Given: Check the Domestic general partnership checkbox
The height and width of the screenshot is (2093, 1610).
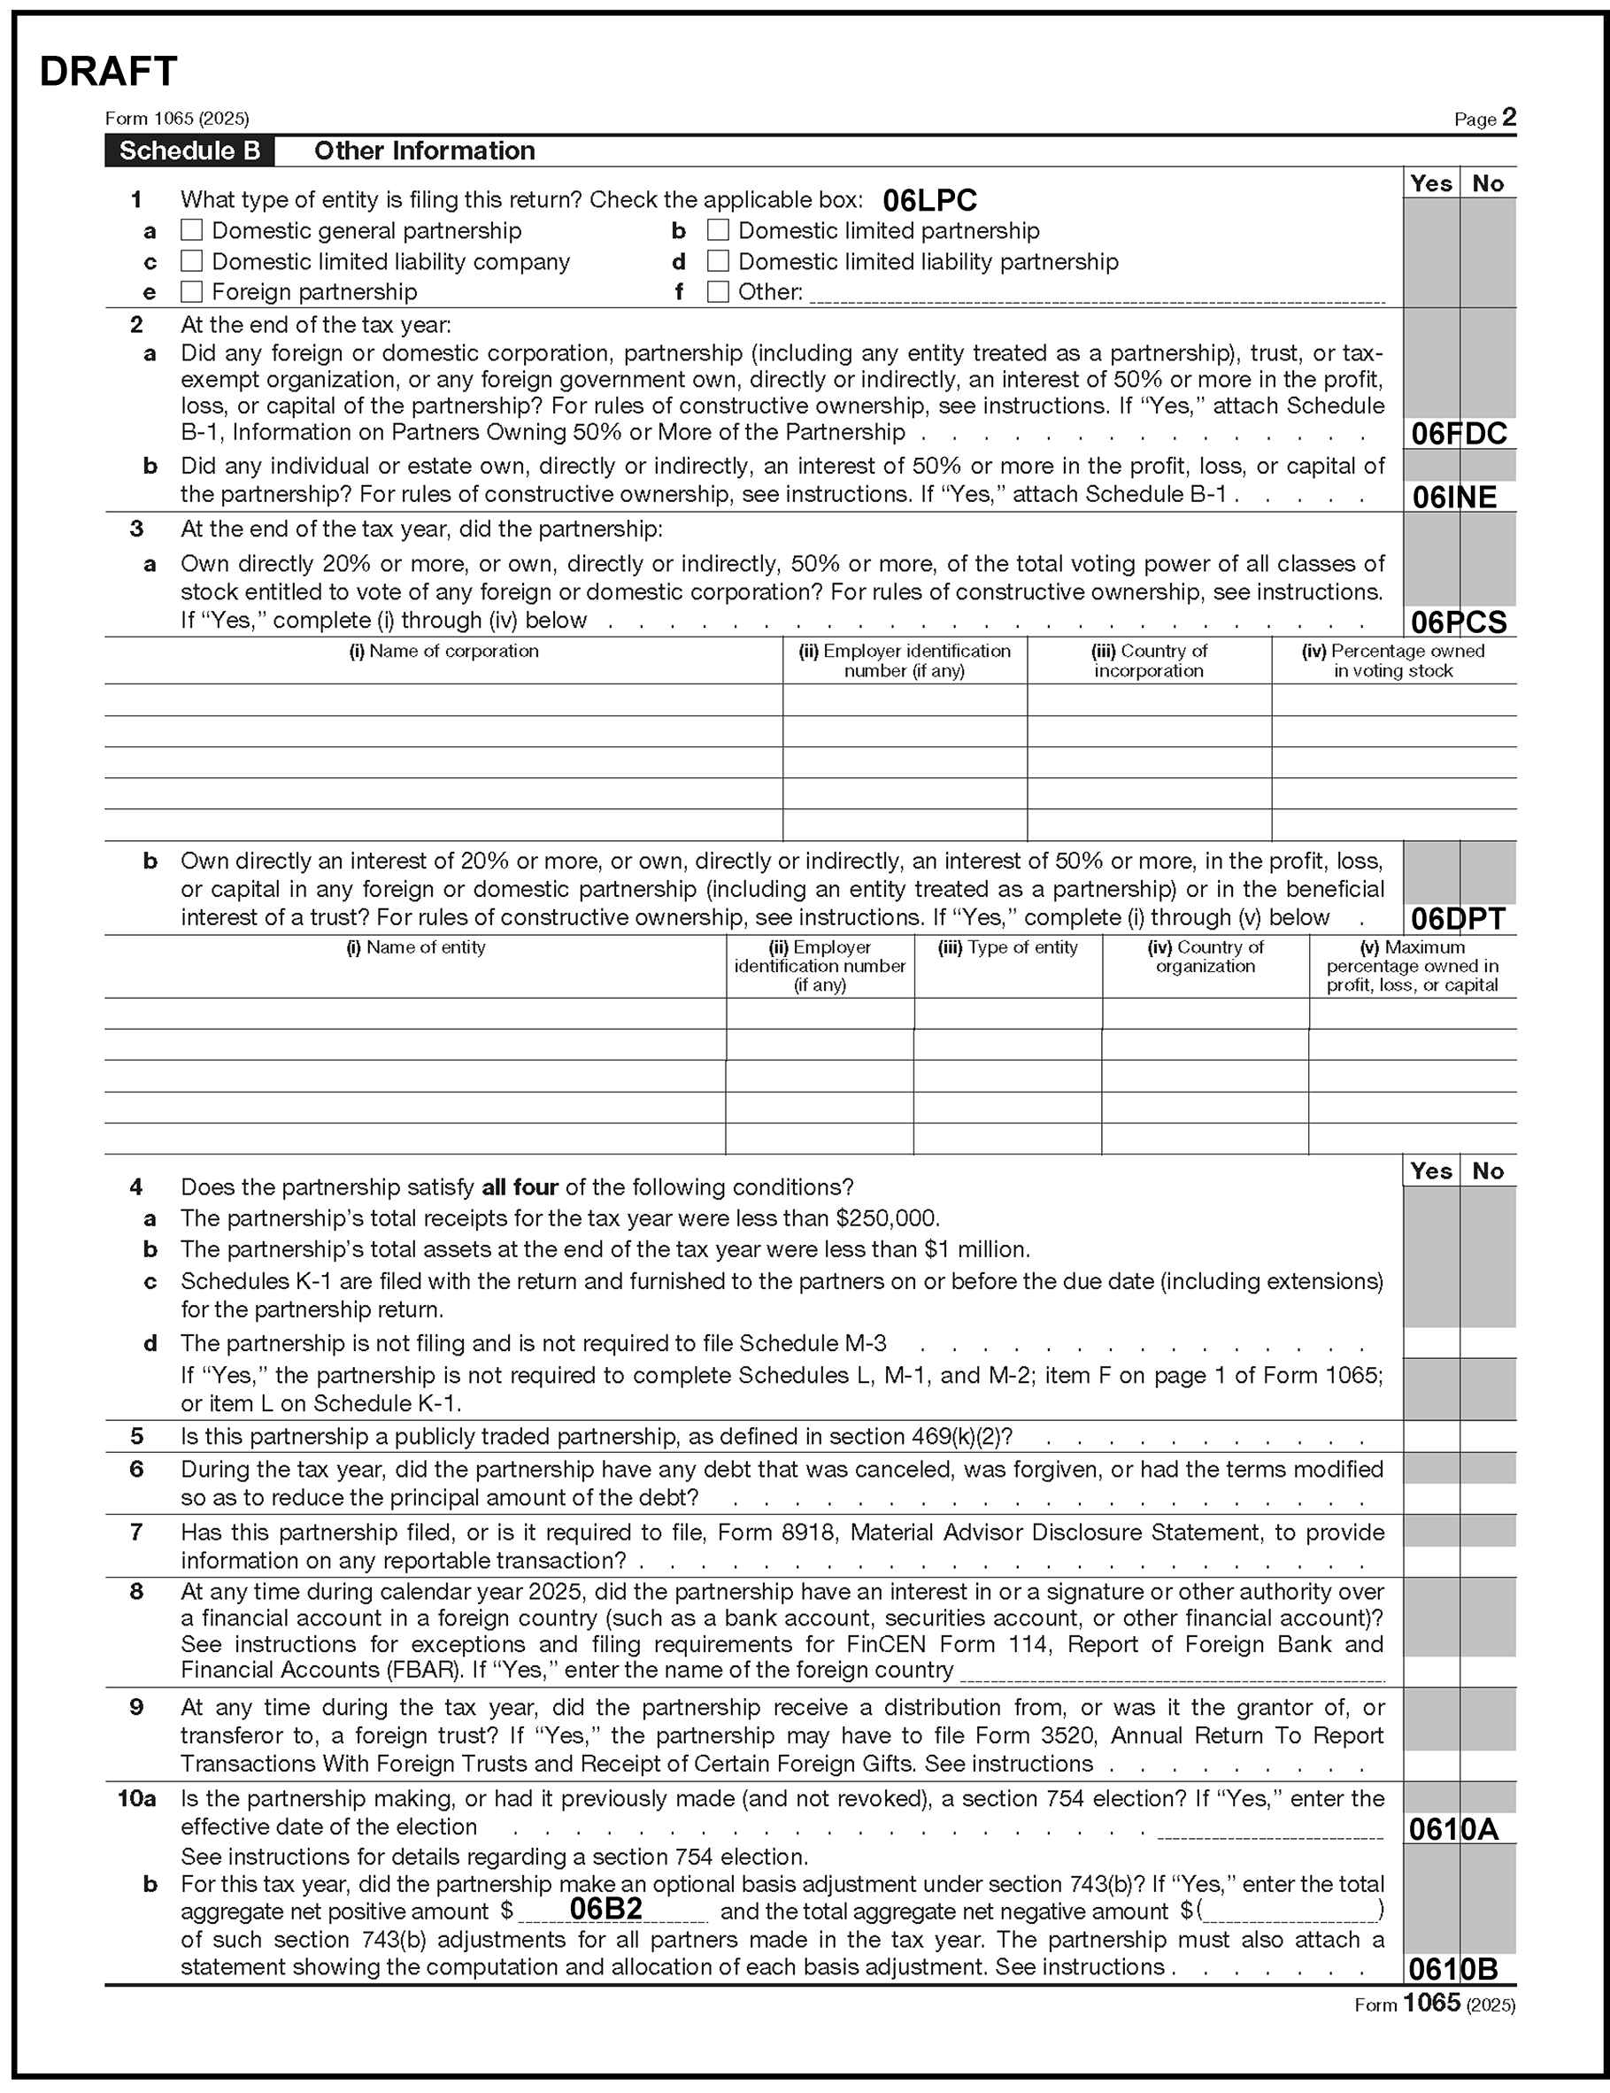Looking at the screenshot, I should pos(192,231).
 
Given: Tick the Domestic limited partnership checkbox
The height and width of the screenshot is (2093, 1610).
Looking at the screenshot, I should pos(718,231).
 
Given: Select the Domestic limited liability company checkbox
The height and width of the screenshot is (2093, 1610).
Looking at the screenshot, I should pos(192,262).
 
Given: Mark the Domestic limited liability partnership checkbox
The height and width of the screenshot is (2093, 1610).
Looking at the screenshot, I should pos(718,262).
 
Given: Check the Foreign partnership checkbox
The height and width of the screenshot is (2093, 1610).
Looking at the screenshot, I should pos(192,291).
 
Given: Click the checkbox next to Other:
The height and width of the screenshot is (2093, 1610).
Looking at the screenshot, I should pos(718,291).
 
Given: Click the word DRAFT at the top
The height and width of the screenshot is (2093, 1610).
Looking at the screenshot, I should pos(108,72).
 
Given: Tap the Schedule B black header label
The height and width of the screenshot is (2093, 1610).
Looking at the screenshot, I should pos(189,151).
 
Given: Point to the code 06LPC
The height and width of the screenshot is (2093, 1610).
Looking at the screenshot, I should pos(929,201).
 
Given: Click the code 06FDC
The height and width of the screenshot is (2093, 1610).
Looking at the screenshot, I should pos(1459,434).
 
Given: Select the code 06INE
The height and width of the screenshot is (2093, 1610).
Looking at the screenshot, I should pos(1454,498).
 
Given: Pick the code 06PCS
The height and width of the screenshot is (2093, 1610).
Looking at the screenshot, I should pos(1459,623).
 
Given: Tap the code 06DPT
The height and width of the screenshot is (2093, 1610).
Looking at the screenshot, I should pos(1459,919).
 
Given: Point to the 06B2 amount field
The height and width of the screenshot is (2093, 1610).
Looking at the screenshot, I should pos(605,1909).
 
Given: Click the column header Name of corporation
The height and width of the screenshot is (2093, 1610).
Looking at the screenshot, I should pos(443,652).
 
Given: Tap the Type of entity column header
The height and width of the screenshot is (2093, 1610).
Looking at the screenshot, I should pos(1007,948).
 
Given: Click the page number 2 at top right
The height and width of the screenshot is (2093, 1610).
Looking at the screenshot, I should pos(1508,118).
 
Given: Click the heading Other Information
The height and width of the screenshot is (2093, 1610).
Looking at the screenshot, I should pos(425,151).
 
